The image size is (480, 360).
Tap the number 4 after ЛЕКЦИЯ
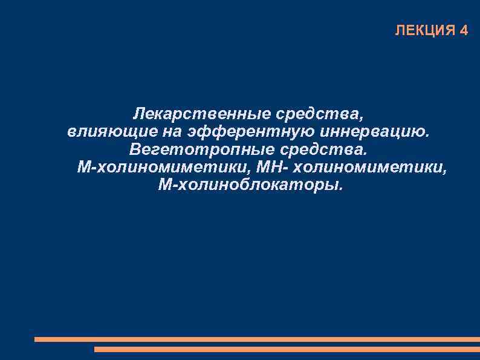click(x=464, y=31)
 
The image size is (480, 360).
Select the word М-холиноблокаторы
click(x=250, y=184)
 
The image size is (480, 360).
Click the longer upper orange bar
click(x=257, y=339)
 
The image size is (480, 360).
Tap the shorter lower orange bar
click(x=287, y=349)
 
